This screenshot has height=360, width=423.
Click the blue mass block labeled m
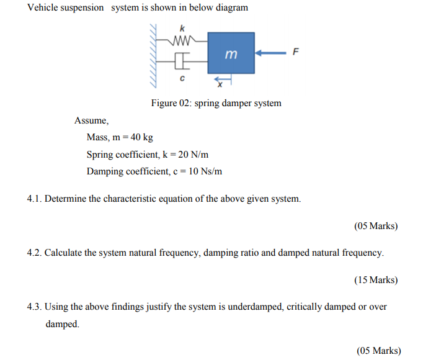click(231, 54)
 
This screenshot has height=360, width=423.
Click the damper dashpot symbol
click(181, 62)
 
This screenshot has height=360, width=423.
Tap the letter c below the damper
click(181, 79)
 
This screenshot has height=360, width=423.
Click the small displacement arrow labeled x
click(221, 81)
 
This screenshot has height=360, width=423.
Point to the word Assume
click(91, 121)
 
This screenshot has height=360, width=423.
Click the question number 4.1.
click(34, 199)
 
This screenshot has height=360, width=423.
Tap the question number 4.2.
click(34, 253)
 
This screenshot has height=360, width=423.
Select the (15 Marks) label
click(376, 280)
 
